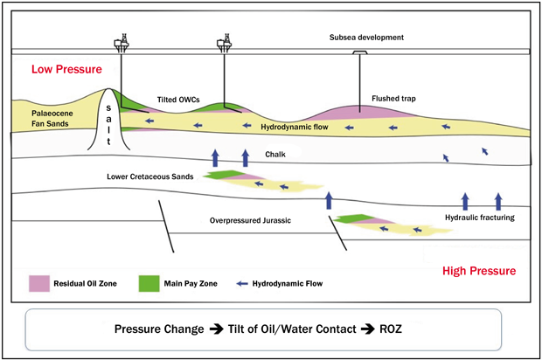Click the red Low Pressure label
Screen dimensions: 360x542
66,69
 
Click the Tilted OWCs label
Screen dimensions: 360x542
181,100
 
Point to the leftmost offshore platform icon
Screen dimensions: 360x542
121,43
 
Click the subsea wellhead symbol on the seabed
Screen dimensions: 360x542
358,52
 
